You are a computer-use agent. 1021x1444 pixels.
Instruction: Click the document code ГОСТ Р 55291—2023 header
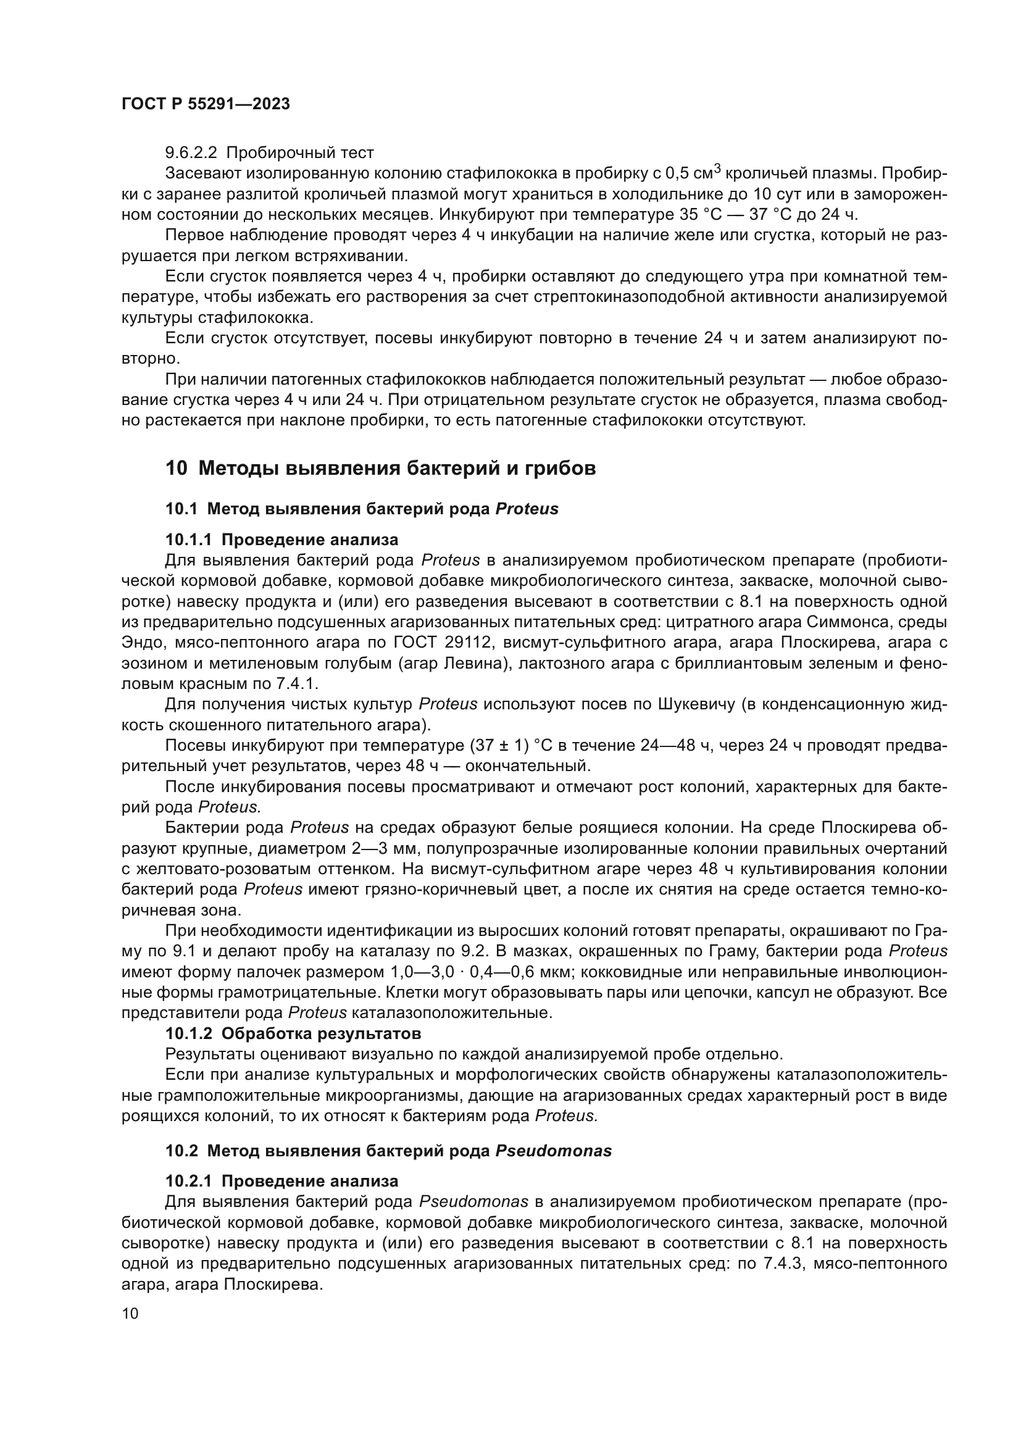tap(206, 104)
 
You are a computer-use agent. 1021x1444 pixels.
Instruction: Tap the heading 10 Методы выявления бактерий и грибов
tap(380, 469)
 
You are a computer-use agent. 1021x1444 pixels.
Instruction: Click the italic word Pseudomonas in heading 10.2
tap(553, 1151)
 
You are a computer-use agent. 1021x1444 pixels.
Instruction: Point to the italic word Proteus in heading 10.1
tap(527, 509)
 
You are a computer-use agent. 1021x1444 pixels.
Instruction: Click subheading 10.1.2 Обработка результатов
tap(293, 1033)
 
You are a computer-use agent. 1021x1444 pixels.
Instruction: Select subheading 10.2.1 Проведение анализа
tap(281, 1181)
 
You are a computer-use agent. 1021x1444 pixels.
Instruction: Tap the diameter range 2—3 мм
tap(383, 849)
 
